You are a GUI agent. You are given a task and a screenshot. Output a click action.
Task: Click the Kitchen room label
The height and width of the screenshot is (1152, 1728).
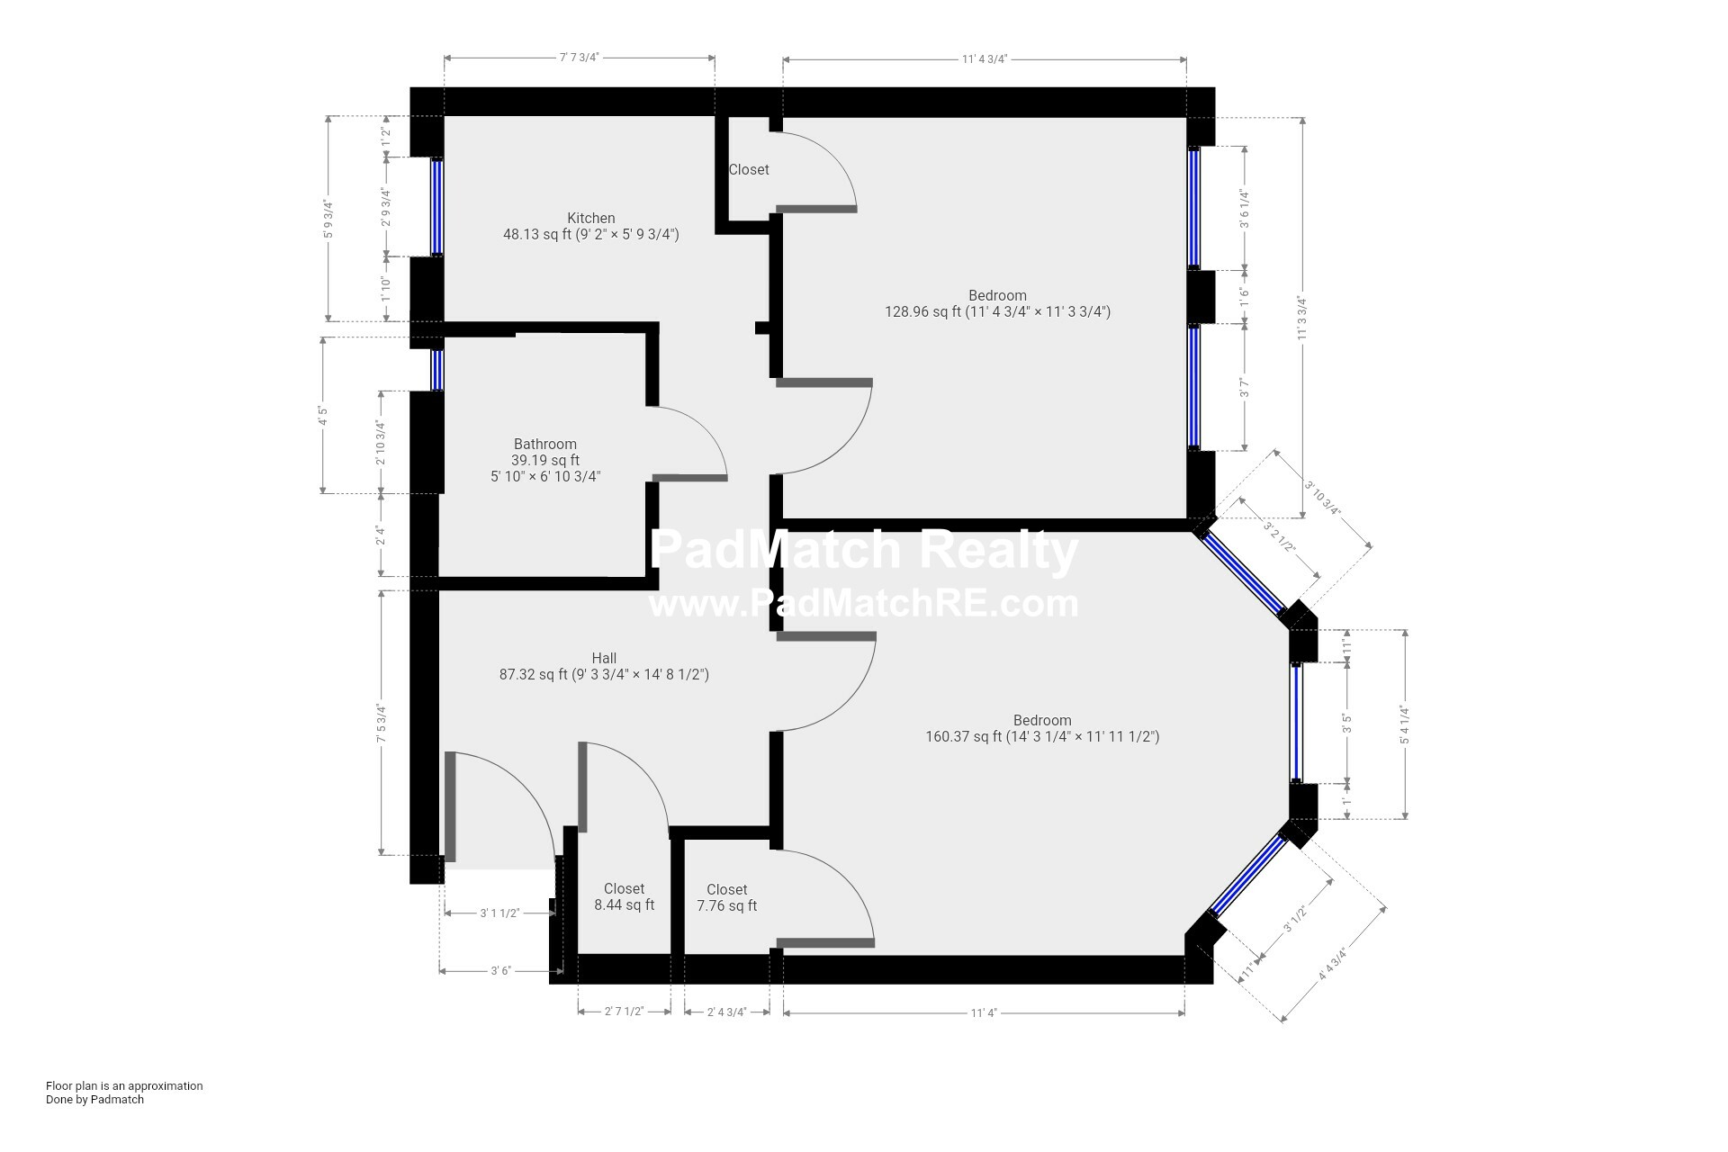pyautogui.click(x=590, y=218)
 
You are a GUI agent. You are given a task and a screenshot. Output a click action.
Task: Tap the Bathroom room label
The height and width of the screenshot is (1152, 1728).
pyautogui.click(x=544, y=444)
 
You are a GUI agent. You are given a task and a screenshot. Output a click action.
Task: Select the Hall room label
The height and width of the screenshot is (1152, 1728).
pyautogui.click(x=604, y=658)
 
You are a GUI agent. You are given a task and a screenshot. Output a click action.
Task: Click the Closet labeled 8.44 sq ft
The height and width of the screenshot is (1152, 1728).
pyautogui.click(x=624, y=896)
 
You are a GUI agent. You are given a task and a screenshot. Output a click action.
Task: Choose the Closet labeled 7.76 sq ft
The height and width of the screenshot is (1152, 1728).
pyautogui.click(x=726, y=897)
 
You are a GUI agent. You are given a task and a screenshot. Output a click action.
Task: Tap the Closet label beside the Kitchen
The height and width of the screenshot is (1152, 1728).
pyautogui.click(x=748, y=169)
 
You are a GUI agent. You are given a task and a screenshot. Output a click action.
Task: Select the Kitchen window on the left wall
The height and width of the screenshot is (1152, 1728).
pyautogui.click(x=436, y=207)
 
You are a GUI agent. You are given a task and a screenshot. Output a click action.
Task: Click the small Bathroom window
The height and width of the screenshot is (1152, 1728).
pyautogui.click(x=436, y=369)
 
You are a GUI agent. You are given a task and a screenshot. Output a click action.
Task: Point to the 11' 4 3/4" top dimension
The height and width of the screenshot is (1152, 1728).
pyautogui.click(x=984, y=59)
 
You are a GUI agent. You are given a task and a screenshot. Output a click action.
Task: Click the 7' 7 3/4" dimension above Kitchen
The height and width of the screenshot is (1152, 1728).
pyautogui.click(x=579, y=58)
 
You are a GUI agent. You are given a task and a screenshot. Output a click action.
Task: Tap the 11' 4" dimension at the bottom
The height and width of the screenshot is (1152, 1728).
pyautogui.click(x=984, y=1012)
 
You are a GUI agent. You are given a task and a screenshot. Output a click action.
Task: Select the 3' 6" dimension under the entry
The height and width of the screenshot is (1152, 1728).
pyautogui.click(x=500, y=970)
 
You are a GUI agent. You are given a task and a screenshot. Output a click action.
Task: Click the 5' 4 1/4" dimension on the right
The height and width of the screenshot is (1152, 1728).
pyautogui.click(x=1404, y=724)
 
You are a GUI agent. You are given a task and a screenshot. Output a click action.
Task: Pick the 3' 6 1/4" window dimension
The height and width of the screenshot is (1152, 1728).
pyautogui.click(x=1245, y=209)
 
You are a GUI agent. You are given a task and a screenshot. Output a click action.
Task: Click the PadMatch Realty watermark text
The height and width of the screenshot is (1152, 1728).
pyautogui.click(x=863, y=551)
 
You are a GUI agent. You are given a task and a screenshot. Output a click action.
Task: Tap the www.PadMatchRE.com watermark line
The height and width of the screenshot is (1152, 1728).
pyautogui.click(x=863, y=603)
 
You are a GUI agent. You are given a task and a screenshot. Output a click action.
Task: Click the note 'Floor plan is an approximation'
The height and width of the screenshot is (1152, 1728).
pyautogui.click(x=124, y=1085)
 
